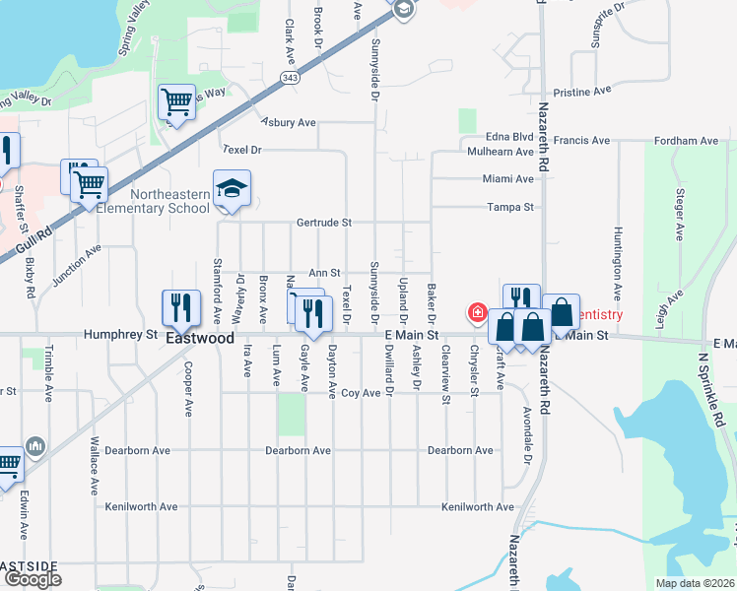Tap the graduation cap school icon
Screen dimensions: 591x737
(232, 188)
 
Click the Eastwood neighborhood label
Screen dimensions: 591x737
(200, 338)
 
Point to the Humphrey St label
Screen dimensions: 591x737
(121, 335)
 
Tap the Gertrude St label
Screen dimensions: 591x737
(324, 223)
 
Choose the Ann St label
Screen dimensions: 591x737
(324, 273)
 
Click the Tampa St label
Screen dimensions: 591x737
(509, 208)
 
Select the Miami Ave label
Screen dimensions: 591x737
(507, 179)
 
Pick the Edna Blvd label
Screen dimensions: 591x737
(508, 139)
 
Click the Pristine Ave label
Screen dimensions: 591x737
(582, 90)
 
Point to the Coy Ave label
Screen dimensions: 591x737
(361, 393)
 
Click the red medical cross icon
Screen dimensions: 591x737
(477, 313)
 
